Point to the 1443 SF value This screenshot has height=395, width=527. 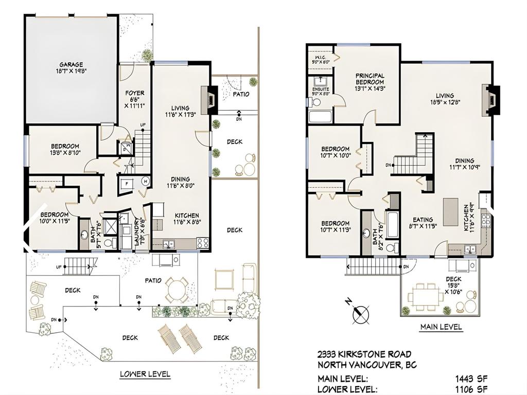pyautogui.click(x=471, y=379)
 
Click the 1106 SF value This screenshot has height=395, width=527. pyautogui.click(x=471, y=389)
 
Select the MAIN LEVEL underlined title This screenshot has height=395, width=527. pyautogui.click(x=441, y=327)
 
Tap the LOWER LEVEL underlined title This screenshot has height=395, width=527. pyautogui.click(x=145, y=374)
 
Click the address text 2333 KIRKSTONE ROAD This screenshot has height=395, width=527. pyautogui.click(x=364, y=354)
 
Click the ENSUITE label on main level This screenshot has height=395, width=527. pyautogui.click(x=321, y=91)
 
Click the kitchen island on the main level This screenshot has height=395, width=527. pyautogui.click(x=451, y=212)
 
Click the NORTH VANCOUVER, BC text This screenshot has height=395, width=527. pyautogui.click(x=367, y=365)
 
